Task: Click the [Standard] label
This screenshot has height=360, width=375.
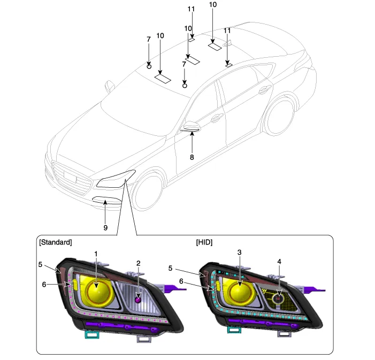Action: [55, 242]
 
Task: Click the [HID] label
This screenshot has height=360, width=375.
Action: [204, 242]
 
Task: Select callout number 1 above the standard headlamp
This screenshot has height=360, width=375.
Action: [96, 253]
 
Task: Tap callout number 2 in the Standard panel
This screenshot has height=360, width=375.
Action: [138, 263]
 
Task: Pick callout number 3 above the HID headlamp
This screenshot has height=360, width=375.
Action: [240, 252]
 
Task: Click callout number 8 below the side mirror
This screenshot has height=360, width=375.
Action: [192, 157]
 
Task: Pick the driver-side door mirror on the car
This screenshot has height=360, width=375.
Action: [190, 127]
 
